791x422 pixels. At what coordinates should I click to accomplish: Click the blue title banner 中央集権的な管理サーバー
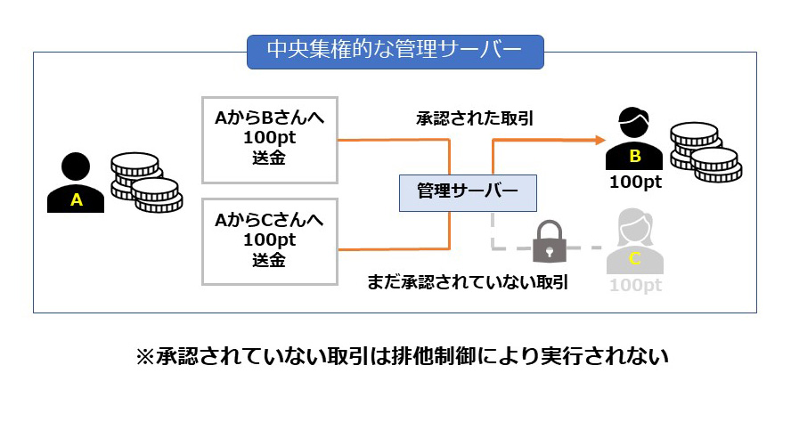[x=395, y=52]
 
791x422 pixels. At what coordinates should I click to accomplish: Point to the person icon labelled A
[x=77, y=183]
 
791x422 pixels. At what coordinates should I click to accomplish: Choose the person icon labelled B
[x=635, y=142]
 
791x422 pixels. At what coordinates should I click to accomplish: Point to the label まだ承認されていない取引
[x=469, y=283]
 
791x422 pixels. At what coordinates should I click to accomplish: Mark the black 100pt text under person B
[x=635, y=182]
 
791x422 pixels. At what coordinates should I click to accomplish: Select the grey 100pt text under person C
[x=635, y=285]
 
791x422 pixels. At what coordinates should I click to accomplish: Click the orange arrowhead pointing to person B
[x=597, y=139]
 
